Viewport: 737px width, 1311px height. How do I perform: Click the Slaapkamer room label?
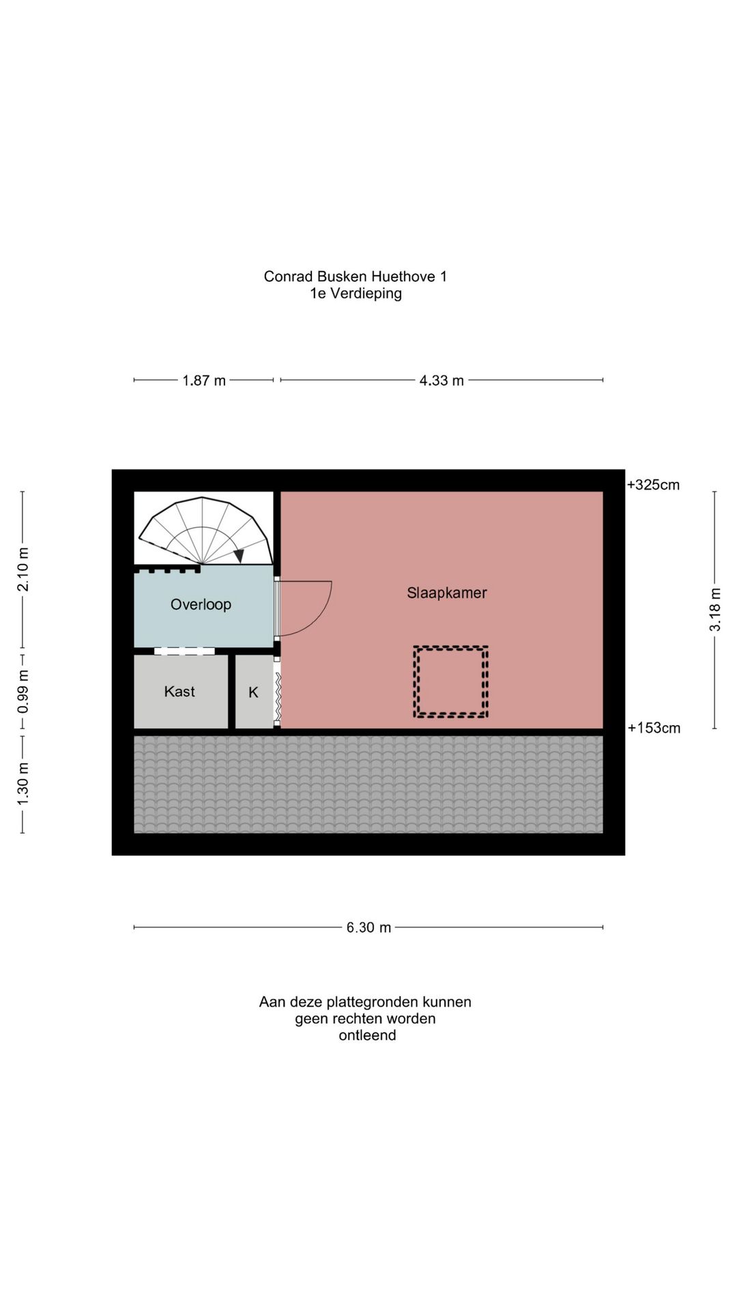pos(447,593)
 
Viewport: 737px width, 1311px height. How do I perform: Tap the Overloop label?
pos(201,604)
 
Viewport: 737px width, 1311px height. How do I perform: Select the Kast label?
pos(179,692)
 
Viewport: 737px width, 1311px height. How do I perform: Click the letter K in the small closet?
pos(253,692)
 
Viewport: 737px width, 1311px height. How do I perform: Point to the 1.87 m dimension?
pos(204,380)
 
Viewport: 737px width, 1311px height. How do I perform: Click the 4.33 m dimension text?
pos(442,380)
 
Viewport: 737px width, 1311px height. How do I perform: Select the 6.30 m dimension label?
pos(369,927)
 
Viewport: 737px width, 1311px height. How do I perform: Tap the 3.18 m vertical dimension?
pos(715,610)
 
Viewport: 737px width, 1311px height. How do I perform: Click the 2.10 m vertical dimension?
pos(23,569)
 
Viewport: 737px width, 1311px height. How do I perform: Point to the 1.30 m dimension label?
pos(23,783)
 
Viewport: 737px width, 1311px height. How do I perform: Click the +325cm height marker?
pos(653,485)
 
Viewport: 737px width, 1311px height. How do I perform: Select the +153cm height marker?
pos(654,728)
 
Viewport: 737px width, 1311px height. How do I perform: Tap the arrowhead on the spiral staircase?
pos(239,556)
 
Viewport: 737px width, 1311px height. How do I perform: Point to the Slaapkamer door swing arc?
pos(321,618)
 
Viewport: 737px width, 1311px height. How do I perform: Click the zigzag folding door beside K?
pos(278,697)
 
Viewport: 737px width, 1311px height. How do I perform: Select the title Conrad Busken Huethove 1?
pos(356,277)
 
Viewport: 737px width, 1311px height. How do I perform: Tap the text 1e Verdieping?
pos(356,294)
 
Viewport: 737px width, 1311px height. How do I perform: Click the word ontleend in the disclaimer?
pos(367,1035)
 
